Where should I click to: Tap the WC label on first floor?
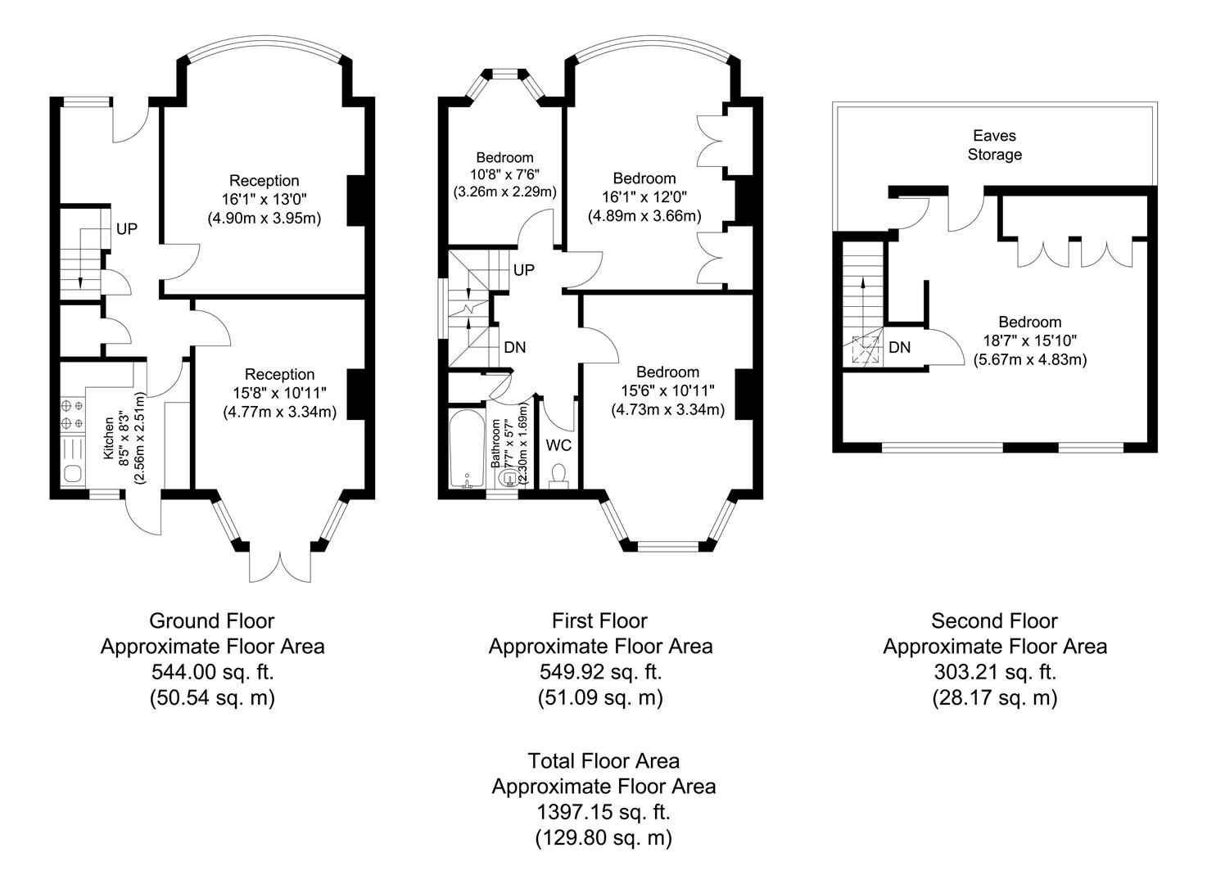(x=558, y=445)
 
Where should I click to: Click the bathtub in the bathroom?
(x=467, y=449)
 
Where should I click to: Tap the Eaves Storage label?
(x=995, y=145)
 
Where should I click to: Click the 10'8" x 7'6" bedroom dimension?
(x=504, y=174)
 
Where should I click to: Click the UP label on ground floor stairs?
(x=126, y=229)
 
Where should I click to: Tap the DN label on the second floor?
(x=899, y=347)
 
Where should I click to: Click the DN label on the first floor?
(x=514, y=347)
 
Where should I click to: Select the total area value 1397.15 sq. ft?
(x=603, y=812)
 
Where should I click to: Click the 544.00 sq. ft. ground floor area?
(x=212, y=672)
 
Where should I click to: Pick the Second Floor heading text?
(x=994, y=620)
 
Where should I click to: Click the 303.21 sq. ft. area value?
(x=994, y=672)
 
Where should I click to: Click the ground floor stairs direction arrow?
(x=81, y=278)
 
